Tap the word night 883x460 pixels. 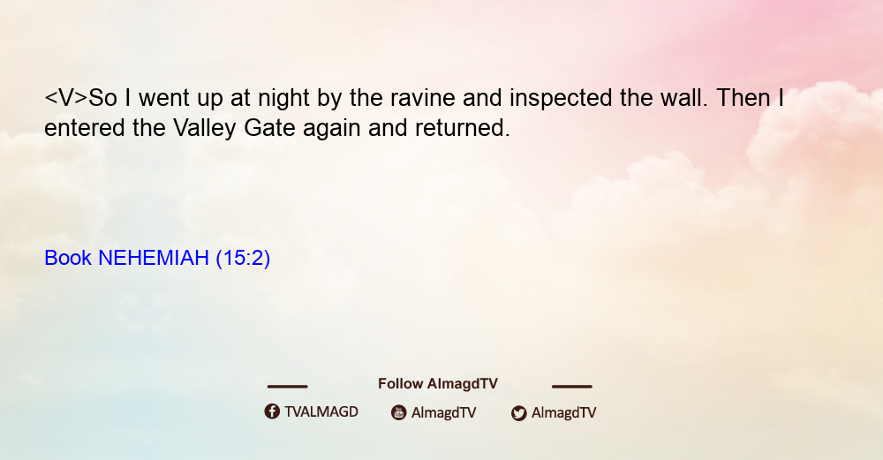click(x=283, y=99)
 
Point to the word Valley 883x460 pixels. click(x=205, y=129)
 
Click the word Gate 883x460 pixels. click(x=269, y=128)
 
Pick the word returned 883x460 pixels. click(x=463, y=128)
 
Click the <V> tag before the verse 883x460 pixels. click(x=66, y=98)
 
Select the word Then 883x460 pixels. click(x=743, y=98)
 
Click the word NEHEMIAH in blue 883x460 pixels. click(x=154, y=258)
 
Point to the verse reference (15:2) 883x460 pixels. click(x=243, y=259)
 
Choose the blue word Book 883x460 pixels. click(x=68, y=258)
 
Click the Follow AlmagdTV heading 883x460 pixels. click(x=438, y=384)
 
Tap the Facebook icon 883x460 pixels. click(x=272, y=411)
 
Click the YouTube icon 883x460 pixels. click(x=399, y=412)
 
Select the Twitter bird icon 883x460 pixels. click(x=519, y=413)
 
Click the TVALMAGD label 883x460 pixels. click(x=321, y=412)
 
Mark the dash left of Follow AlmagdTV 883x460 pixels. click(x=287, y=387)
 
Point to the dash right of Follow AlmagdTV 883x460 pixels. click(x=572, y=387)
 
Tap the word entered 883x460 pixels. click(x=85, y=128)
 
